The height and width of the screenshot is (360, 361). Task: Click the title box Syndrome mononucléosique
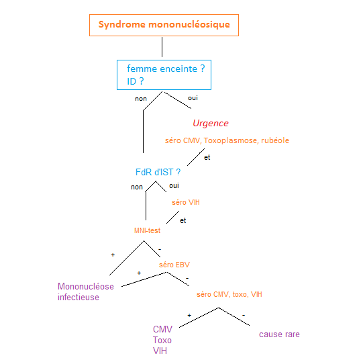click(164, 25)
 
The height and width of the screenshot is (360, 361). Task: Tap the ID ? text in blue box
click(136, 81)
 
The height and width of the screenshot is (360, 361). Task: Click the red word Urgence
click(211, 124)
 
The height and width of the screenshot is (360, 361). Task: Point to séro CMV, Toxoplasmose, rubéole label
click(227, 140)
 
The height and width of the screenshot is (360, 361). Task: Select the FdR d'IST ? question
click(158, 172)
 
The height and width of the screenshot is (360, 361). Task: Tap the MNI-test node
click(147, 230)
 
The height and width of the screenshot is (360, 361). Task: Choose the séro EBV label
click(174, 264)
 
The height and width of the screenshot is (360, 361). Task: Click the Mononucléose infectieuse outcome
click(85, 291)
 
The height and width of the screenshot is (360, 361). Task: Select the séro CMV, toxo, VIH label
click(229, 294)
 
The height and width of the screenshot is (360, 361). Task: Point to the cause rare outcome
click(279, 334)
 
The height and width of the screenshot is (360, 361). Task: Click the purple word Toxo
click(162, 340)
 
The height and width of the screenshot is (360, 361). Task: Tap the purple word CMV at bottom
click(162, 329)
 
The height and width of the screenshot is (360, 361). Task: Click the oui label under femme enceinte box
click(193, 98)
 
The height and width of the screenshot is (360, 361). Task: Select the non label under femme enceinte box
click(141, 98)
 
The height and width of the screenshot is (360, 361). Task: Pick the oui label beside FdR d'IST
click(174, 186)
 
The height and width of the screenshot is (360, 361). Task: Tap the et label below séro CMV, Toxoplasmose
click(207, 158)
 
